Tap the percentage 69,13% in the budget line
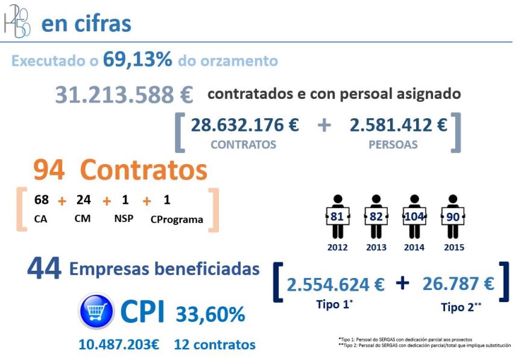[137, 60]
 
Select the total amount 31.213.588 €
[124, 95]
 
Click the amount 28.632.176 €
[245, 125]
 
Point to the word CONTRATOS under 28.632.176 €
[244, 145]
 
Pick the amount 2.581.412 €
[399, 125]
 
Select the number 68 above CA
[42, 200]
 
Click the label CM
[83, 218]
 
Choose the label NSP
[124, 218]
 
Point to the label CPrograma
[177, 219]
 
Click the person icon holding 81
[337, 216]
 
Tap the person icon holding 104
[413, 216]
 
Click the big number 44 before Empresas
[44, 269]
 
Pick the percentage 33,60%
[210, 314]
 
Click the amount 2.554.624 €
[335, 284]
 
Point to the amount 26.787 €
[458, 283]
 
